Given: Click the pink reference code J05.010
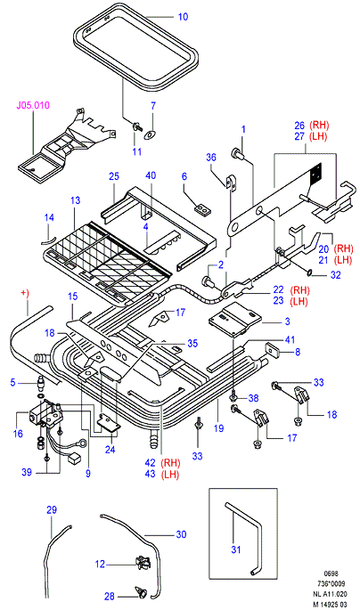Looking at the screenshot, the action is (x=33, y=105).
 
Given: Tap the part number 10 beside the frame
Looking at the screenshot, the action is (x=183, y=17).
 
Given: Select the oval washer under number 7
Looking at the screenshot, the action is (x=150, y=135).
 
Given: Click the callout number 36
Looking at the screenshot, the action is (x=211, y=157).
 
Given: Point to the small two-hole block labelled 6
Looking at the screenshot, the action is (x=202, y=209).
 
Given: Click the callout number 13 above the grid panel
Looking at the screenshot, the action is (x=75, y=200).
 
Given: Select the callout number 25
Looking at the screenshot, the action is (x=114, y=176).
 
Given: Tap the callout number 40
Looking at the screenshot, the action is (x=151, y=175).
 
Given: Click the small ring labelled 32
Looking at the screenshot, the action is (x=310, y=273).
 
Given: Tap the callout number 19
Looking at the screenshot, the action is (x=218, y=428).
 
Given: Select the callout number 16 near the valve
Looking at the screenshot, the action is (x=18, y=433).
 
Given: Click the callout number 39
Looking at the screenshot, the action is (x=27, y=472).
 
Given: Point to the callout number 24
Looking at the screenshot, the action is (x=110, y=450).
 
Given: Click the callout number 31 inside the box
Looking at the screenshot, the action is (x=236, y=549).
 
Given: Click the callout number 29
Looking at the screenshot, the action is (x=52, y=510).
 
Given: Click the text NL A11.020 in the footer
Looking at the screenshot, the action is (x=329, y=594).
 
